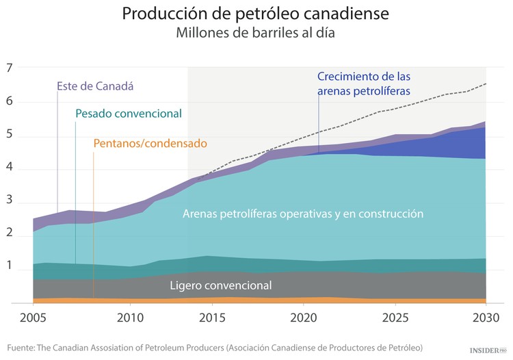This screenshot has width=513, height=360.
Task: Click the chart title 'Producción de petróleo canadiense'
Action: point(256,14)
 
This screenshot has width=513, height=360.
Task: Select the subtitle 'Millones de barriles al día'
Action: point(256,33)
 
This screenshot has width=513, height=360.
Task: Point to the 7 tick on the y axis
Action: point(10,68)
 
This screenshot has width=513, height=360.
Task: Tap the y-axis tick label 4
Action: point(10,170)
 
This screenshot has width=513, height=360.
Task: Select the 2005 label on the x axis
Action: point(32,317)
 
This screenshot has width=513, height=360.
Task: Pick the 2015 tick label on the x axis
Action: point(211,317)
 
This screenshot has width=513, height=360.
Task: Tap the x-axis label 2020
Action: point(302,317)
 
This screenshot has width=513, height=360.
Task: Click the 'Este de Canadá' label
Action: point(94,87)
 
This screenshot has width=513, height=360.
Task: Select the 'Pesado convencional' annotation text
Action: point(128,113)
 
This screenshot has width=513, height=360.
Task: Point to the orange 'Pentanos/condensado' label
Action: point(150,143)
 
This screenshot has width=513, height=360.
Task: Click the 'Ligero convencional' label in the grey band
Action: point(221,285)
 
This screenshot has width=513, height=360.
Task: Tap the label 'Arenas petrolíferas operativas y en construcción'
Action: point(303,214)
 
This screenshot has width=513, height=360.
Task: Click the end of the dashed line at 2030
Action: point(486,83)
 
